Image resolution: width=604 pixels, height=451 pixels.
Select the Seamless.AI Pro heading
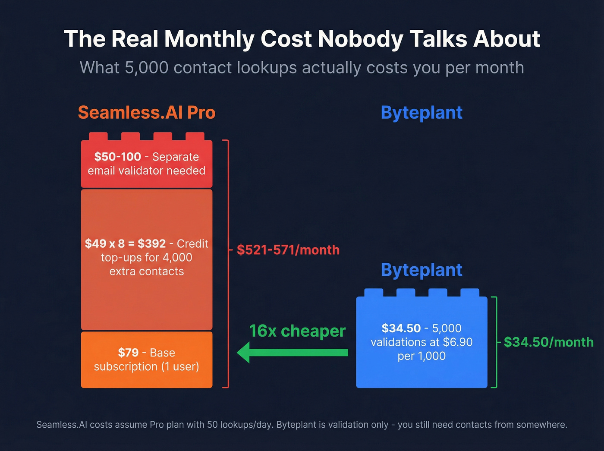pos(147,113)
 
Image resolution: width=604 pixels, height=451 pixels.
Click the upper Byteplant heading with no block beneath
pos(422,113)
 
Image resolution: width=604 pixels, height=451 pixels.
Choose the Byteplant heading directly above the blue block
pos(422,270)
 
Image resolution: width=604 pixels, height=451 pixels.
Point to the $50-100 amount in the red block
pos(118,157)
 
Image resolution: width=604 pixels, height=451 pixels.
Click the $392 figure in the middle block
pos(151,244)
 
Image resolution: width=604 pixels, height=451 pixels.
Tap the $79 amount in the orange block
pos(128,353)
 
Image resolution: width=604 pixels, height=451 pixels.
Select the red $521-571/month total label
pos(288,250)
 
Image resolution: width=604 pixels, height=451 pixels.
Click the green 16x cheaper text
pos(297,331)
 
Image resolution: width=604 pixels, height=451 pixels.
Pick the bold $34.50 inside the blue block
pos(401,328)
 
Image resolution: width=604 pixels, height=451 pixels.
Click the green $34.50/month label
pos(548,342)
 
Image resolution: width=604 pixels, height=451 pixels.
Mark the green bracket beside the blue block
pos(496,342)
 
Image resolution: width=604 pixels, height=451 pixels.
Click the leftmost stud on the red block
pos(98,136)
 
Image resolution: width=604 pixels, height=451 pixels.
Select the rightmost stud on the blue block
pos(469,293)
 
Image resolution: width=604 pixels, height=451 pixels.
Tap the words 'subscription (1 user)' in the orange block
pos(146,366)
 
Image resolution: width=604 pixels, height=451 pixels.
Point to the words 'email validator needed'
pos(146,170)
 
